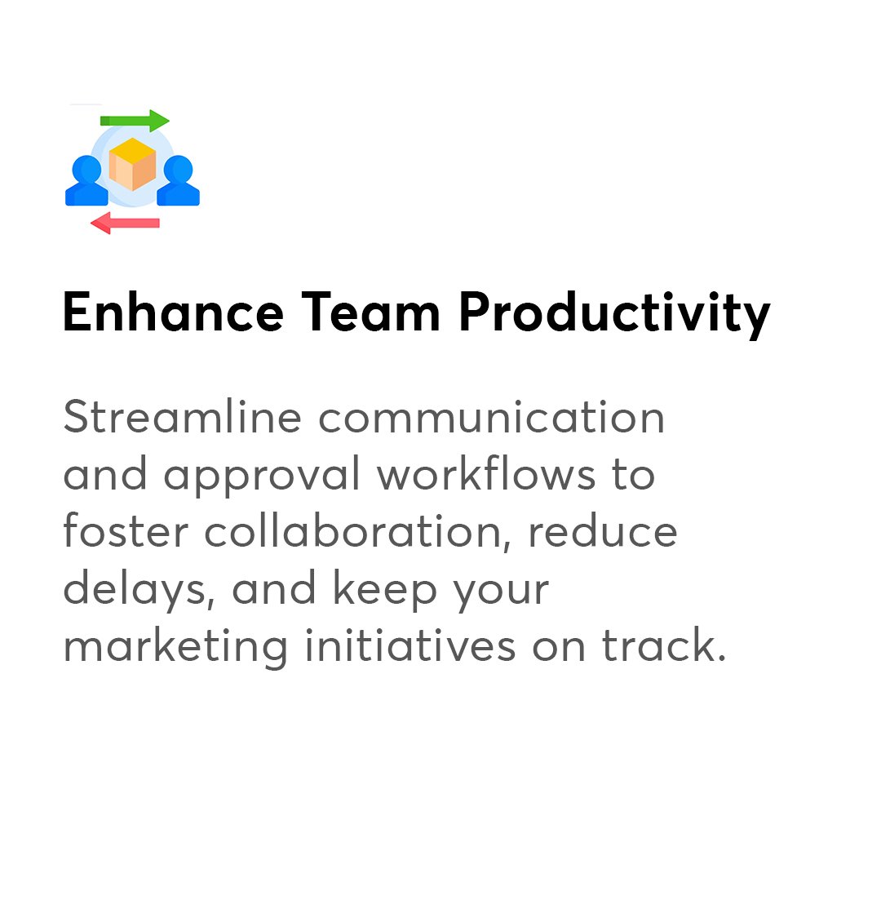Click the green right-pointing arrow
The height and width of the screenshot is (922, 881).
135,121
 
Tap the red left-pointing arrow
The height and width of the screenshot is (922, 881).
125,223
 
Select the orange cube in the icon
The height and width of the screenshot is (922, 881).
132,164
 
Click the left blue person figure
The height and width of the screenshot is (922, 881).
86,180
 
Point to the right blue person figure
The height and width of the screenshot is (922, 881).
179,180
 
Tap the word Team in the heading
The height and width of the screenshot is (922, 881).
371,313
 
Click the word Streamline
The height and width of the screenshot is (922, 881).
182,417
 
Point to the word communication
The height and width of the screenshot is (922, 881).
491,417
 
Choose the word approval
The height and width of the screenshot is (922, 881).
262,474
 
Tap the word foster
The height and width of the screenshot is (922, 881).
126,530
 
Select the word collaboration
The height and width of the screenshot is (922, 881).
357,530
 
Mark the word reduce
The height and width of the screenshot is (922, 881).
603,530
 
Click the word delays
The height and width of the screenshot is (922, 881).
139,589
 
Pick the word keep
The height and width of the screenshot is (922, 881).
384,589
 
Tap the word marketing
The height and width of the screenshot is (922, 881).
175,646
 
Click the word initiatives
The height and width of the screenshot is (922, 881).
410,645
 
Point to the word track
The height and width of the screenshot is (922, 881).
664,645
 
